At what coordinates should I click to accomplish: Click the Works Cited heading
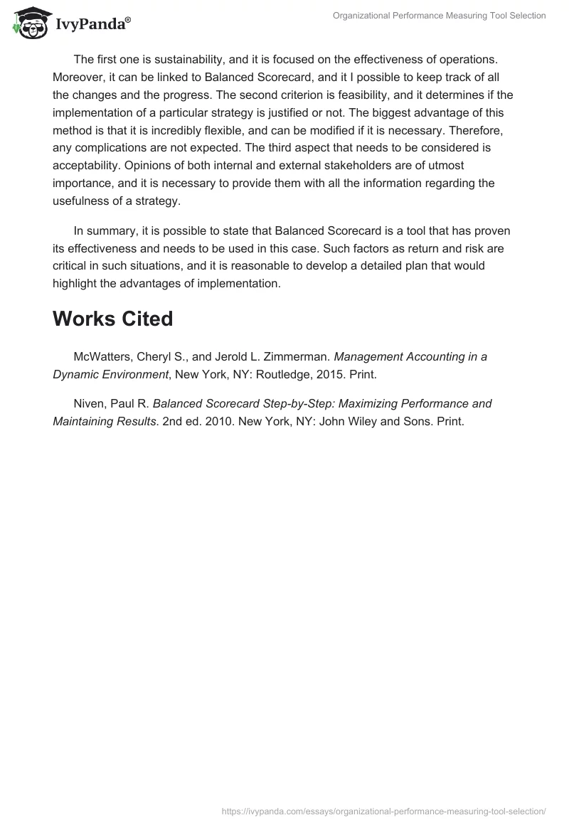112,319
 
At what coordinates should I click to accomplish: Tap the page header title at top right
439,16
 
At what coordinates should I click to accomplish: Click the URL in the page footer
384,810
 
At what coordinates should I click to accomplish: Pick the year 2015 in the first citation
333,374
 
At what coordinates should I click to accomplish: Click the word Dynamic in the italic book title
75,374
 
